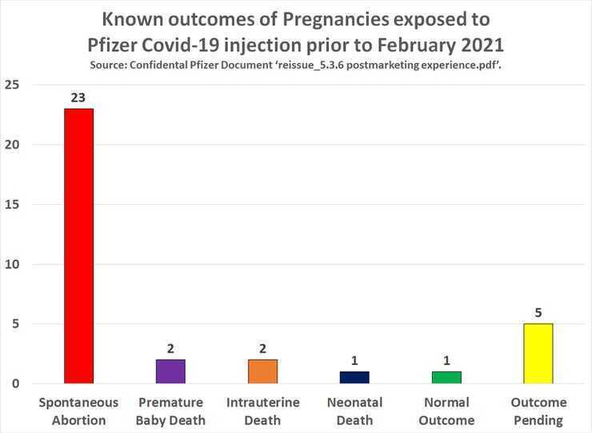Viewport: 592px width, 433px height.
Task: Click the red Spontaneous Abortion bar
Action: click(78, 246)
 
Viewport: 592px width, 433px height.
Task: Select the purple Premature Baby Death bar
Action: click(170, 371)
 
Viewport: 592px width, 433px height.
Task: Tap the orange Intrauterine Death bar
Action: click(262, 371)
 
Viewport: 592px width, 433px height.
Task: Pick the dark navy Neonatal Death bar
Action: click(354, 377)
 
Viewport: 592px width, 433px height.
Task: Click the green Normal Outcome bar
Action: click(446, 377)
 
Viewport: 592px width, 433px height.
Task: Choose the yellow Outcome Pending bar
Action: click(538, 353)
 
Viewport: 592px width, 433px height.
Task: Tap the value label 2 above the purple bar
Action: click(170, 349)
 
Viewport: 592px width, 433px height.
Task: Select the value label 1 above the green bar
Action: click(446, 361)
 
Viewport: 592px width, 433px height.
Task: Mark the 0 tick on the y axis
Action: click(16, 384)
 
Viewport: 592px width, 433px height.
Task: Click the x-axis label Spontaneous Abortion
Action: click(78, 411)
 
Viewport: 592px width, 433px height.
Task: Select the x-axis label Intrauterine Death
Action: click(262, 411)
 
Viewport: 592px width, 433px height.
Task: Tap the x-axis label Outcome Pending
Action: click(538, 411)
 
